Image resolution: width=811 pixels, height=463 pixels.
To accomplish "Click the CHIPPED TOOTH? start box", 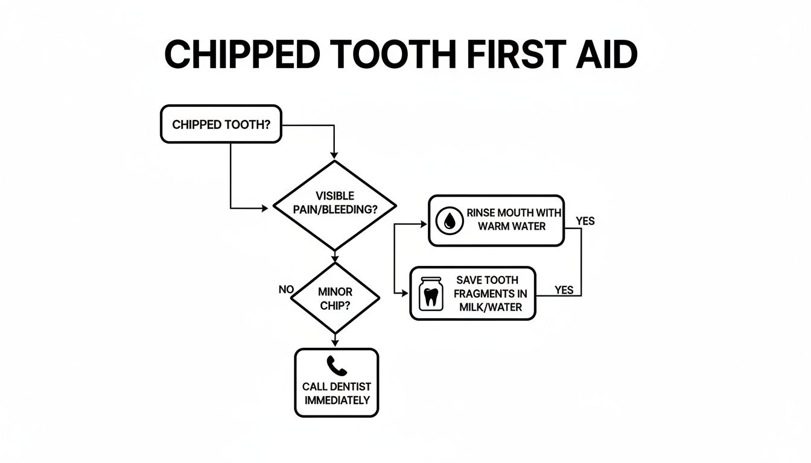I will [x=221, y=124].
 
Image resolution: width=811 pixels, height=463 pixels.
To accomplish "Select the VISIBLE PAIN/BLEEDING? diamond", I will [x=335, y=205].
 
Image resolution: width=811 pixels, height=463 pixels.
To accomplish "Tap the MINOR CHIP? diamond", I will [x=334, y=297].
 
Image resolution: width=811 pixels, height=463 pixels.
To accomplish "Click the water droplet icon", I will [x=450, y=221].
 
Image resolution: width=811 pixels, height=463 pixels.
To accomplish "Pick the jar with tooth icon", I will [x=430, y=294].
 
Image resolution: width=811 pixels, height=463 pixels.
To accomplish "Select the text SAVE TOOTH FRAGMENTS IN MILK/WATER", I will [x=490, y=294].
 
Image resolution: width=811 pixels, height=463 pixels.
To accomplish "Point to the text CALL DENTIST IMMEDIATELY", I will [x=337, y=393].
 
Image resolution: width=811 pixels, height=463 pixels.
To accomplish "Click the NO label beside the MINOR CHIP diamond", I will [x=285, y=289].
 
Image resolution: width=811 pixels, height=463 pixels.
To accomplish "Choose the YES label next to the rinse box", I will [x=585, y=221].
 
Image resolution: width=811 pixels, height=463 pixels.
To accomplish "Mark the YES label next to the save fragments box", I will [x=564, y=290].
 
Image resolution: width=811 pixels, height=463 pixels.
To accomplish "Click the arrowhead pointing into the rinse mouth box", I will [x=424, y=224].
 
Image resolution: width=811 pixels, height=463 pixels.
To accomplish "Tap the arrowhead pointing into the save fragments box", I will [x=405, y=293].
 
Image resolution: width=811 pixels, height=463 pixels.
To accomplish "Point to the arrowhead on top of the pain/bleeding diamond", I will [x=335, y=156].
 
